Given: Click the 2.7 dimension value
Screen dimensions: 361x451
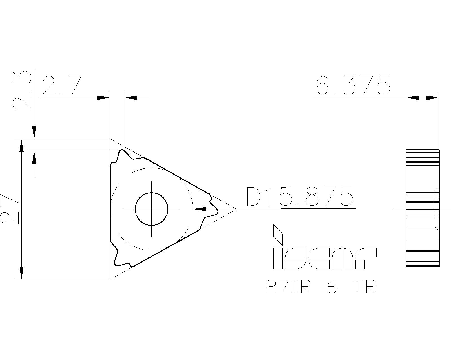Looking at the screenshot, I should click(x=62, y=85).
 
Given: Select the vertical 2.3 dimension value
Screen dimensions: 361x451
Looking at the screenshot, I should click(x=22, y=90).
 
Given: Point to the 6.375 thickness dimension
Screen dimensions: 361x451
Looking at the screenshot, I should click(x=353, y=85).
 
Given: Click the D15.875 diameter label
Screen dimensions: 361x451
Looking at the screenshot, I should click(x=300, y=196).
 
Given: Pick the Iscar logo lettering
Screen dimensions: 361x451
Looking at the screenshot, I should click(x=325, y=258).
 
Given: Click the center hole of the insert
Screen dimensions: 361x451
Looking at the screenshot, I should click(x=152, y=209).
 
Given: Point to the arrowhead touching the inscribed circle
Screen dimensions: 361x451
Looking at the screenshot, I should click(x=200, y=209).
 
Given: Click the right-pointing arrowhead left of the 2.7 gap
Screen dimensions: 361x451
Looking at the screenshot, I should click(x=103, y=98).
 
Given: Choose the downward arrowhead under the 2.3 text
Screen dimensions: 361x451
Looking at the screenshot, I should click(x=34, y=131).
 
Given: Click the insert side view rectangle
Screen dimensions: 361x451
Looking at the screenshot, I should click(x=422, y=208).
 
